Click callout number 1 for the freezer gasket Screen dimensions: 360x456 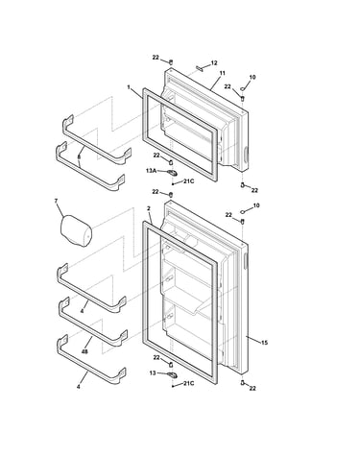pyautogui.click(x=129, y=87)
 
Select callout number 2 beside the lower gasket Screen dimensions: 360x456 pyautogui.click(x=149, y=208)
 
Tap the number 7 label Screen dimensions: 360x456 pyautogui.click(x=57, y=201)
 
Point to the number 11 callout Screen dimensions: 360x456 pyautogui.click(x=223, y=73)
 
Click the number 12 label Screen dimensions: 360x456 pyautogui.click(x=214, y=63)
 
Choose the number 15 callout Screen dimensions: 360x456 pyautogui.click(x=264, y=343)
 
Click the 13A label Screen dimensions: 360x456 pyautogui.click(x=151, y=171)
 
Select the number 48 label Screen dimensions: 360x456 pyautogui.click(x=84, y=351)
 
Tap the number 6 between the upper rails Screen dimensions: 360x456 pyautogui.click(x=79, y=156)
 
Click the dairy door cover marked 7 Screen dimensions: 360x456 pyautogui.click(x=76, y=231)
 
